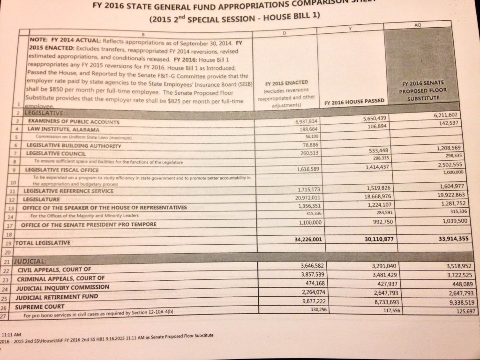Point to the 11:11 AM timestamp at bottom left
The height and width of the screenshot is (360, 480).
point(12,335)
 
